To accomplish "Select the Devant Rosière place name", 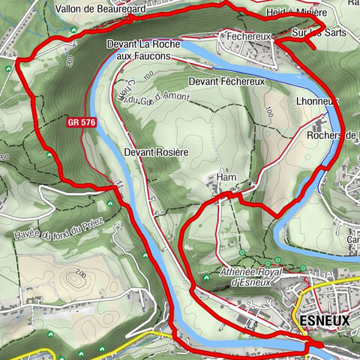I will tap(155, 151).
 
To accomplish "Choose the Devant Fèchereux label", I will tap(227, 81).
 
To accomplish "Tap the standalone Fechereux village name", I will tap(239, 34).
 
